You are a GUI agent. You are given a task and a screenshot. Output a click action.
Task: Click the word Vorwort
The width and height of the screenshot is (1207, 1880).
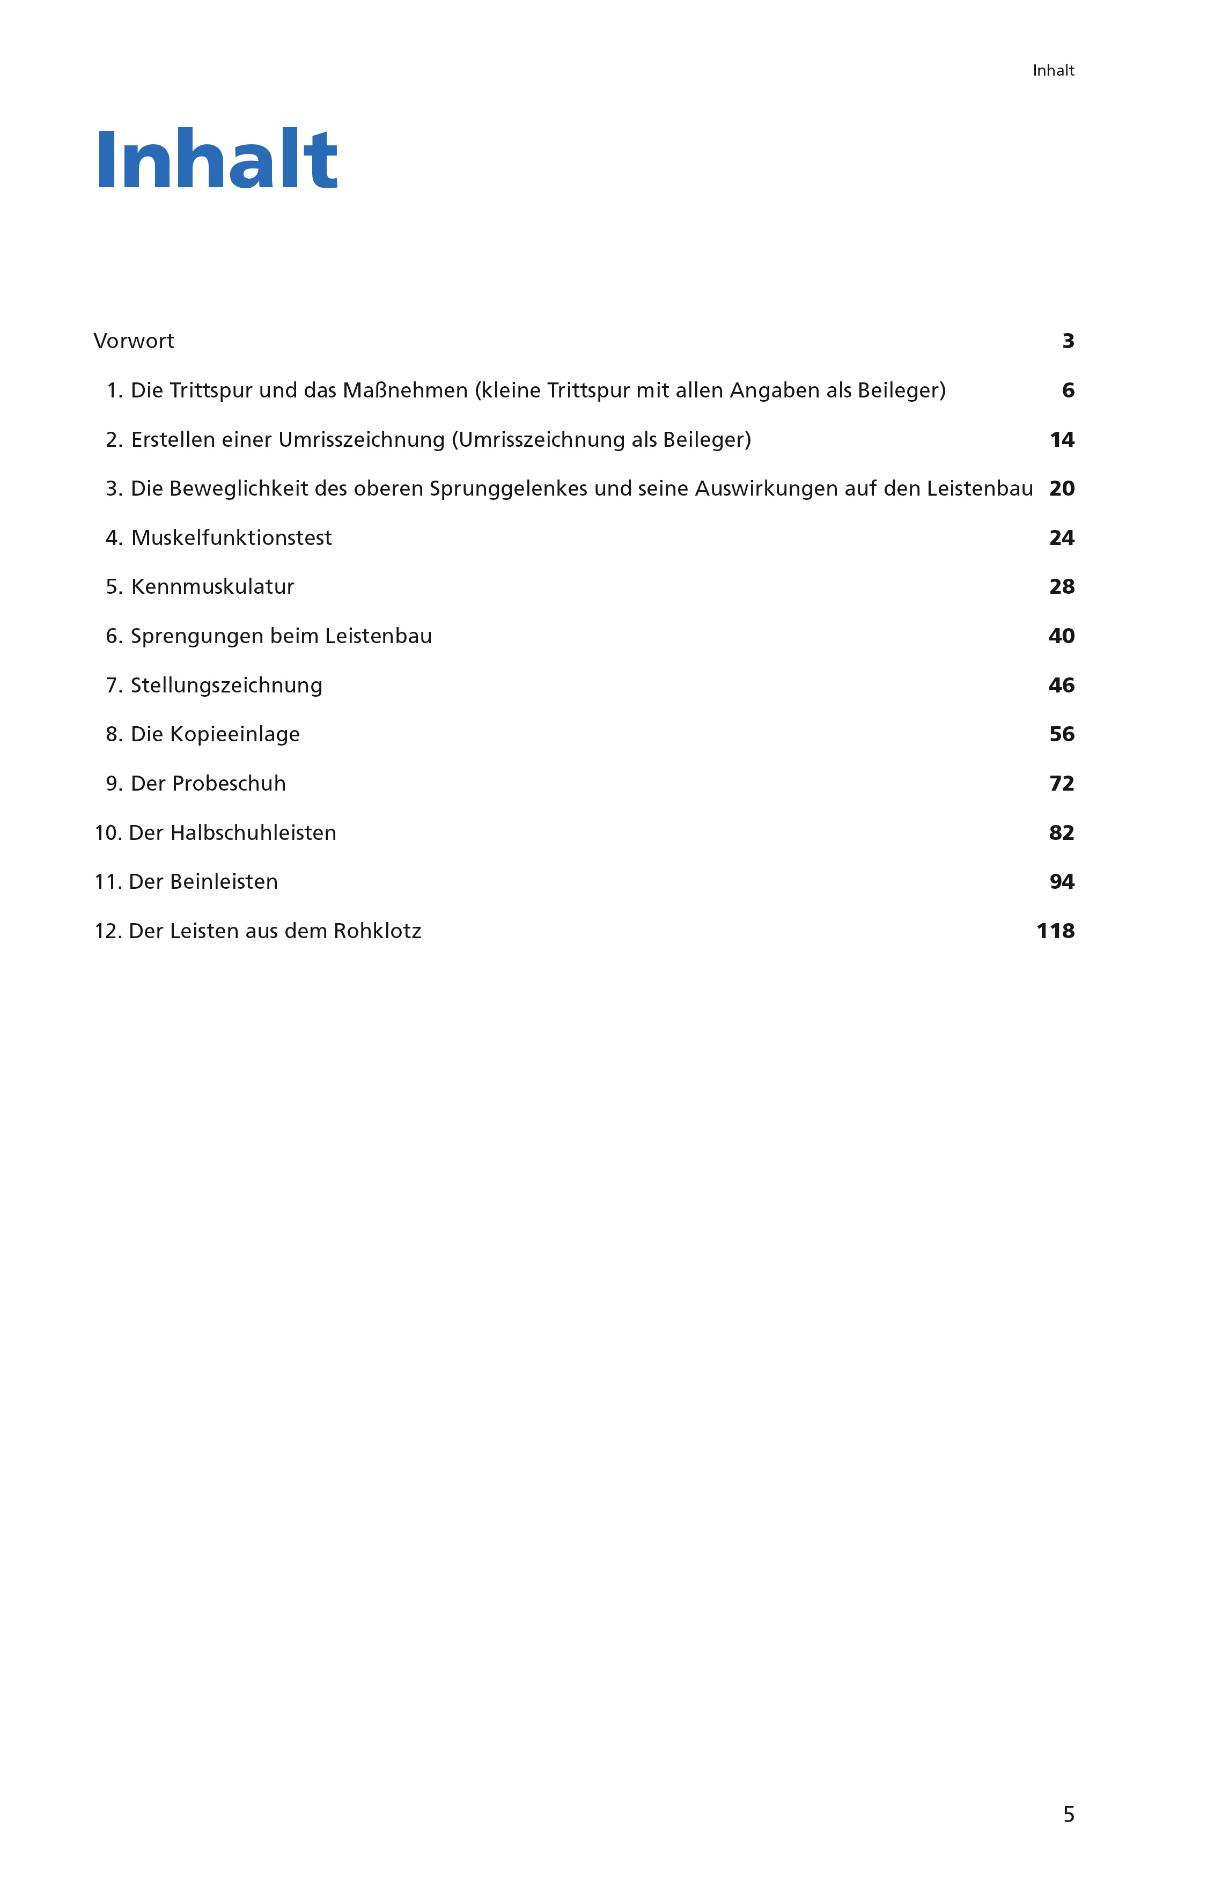point(133,341)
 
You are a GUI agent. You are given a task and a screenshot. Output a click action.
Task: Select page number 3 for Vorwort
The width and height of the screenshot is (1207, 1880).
point(1068,341)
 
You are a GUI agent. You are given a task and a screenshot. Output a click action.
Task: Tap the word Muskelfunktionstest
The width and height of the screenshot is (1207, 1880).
point(231,537)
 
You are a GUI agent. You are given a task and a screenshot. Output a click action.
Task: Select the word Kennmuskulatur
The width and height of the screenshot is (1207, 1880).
point(212,587)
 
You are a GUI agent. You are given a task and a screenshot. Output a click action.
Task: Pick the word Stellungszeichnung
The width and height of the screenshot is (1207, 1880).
point(226,685)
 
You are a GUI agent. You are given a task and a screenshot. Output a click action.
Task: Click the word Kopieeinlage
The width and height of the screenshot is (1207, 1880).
point(234,734)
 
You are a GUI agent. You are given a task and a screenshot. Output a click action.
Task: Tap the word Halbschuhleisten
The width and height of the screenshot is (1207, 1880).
point(253,833)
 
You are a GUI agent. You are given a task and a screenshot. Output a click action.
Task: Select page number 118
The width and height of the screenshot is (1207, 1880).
point(1055,931)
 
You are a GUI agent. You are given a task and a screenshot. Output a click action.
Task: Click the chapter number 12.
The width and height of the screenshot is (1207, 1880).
point(107,931)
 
